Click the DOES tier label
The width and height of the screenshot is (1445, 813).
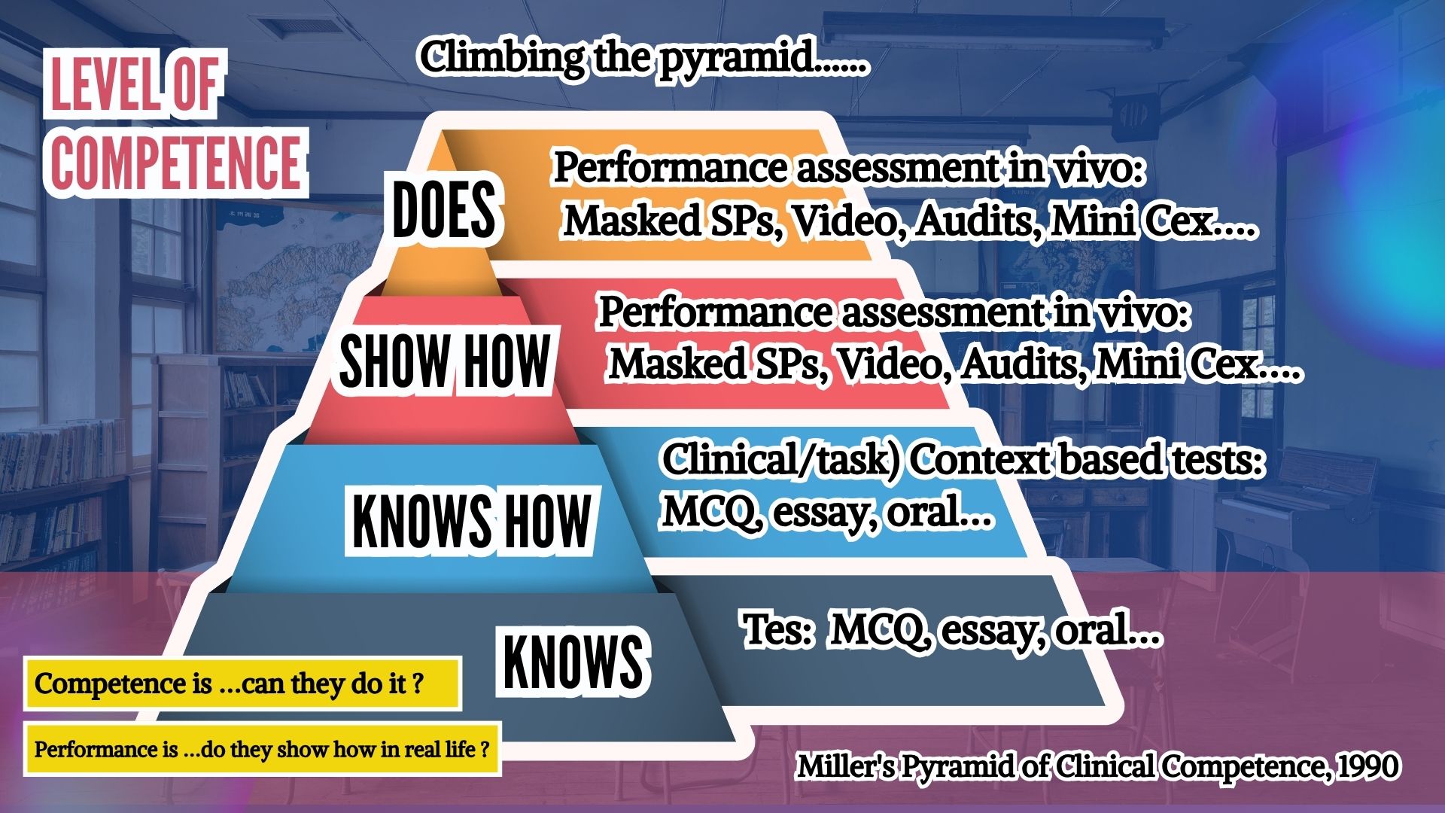click(444, 210)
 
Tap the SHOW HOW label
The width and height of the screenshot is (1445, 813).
click(445, 361)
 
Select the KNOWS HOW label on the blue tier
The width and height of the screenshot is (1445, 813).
click(471, 520)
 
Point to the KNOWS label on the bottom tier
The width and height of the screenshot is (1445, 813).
click(573, 661)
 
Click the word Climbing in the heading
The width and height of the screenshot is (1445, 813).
click(502, 58)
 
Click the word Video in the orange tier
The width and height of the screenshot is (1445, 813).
click(848, 221)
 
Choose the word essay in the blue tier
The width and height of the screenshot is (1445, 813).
click(825, 513)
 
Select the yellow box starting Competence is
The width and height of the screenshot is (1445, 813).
click(242, 684)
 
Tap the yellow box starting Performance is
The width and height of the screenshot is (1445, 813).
click(262, 749)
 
